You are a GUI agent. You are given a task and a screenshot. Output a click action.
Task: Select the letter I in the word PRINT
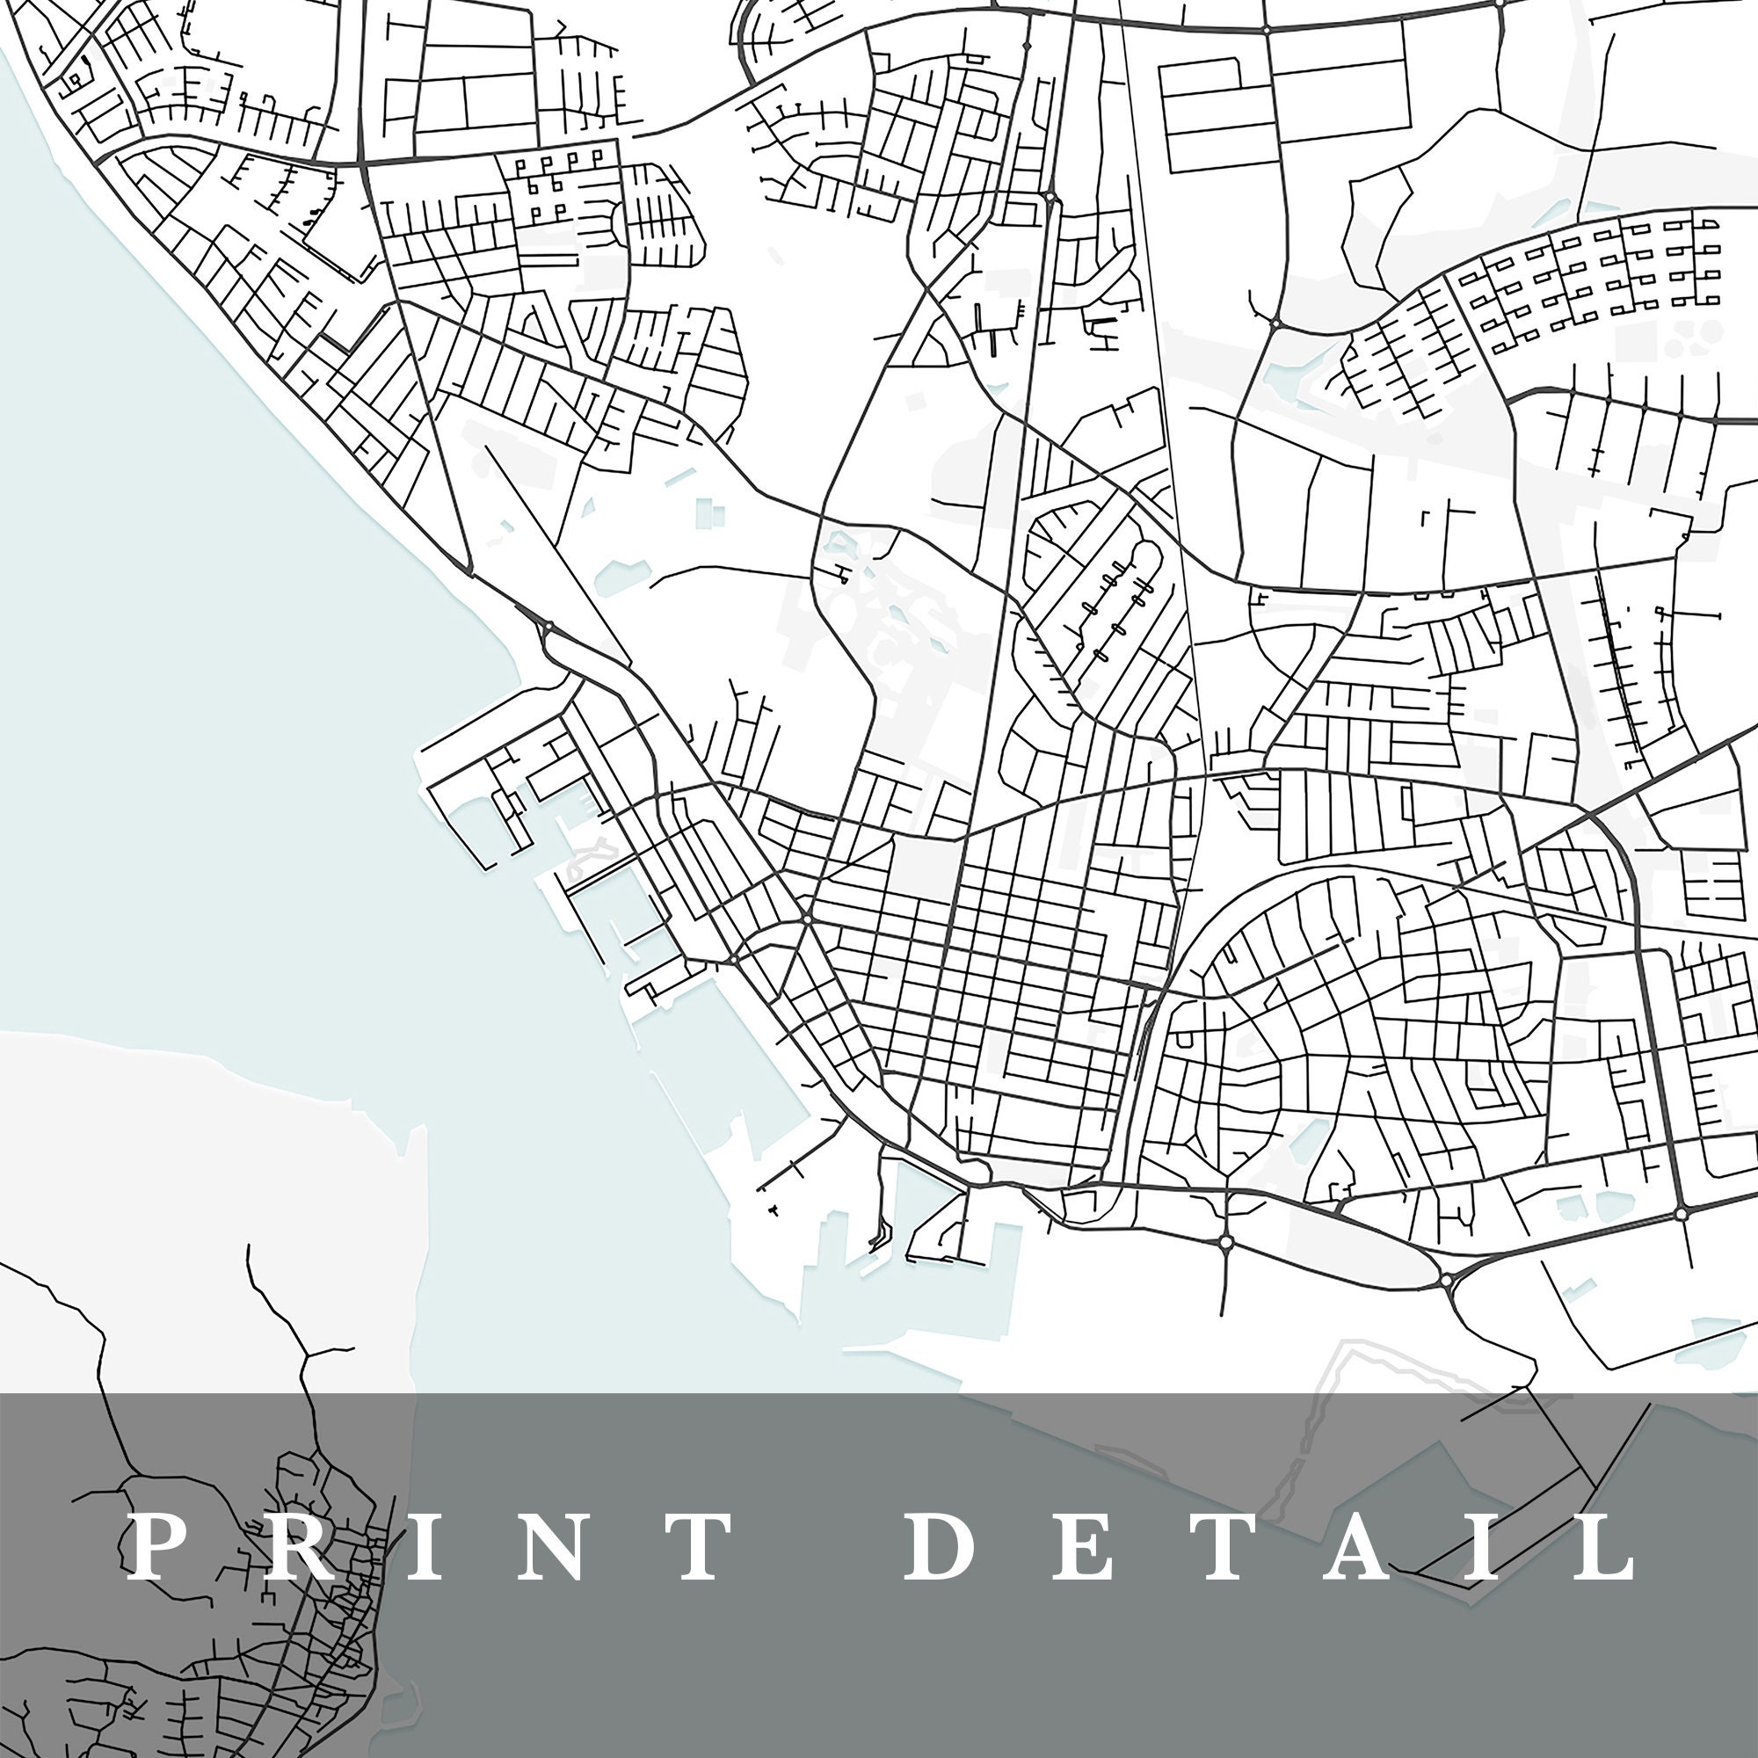(419, 1548)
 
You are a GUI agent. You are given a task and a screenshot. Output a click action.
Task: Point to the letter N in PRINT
(545, 1548)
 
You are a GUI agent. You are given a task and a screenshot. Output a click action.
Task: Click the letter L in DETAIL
(1603, 1548)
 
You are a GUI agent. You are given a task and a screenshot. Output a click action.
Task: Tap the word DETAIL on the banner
(1270, 1548)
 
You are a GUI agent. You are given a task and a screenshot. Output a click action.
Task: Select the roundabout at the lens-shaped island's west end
(1225, 1241)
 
